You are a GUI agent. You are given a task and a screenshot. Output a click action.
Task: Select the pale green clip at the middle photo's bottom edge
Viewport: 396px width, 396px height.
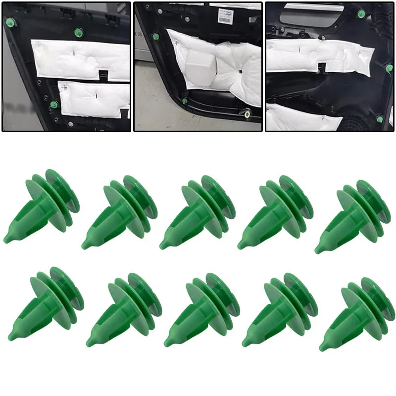coord(247,114)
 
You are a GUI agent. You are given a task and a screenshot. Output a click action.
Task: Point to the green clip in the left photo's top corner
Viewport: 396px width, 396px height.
coord(10,23)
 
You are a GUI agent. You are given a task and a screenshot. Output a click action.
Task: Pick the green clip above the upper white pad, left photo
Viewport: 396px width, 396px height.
coord(78,33)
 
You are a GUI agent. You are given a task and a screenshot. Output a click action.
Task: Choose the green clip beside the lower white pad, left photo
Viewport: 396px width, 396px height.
coord(54,105)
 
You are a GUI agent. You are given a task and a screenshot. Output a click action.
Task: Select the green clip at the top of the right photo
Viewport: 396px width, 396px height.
coord(361,14)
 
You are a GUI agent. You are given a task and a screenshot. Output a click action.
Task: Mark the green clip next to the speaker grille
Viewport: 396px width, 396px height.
coord(380,119)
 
